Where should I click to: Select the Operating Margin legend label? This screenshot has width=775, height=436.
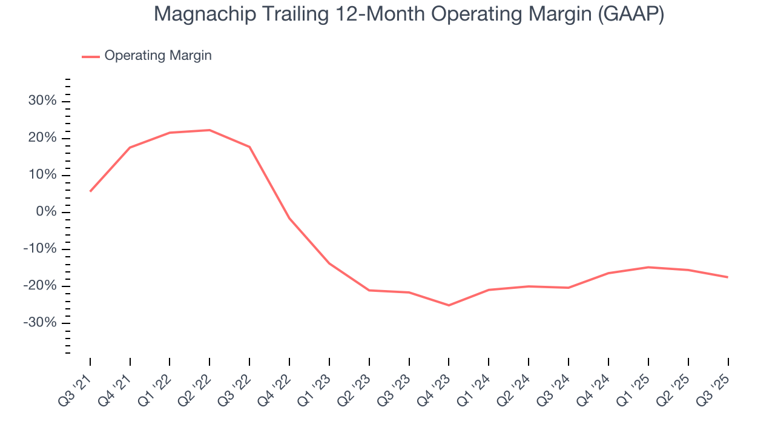[158, 56]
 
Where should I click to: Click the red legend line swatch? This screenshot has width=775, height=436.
[91, 56]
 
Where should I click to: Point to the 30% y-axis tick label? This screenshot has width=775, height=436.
[42, 101]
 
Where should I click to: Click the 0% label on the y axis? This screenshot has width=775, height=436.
[46, 212]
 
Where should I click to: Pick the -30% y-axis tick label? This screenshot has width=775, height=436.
[40, 323]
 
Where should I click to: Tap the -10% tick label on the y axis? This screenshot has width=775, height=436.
[40, 249]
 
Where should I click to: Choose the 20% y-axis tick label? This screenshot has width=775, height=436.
[42, 138]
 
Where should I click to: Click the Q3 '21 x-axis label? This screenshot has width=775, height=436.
[76, 387]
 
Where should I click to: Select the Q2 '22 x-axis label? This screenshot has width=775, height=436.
[196, 387]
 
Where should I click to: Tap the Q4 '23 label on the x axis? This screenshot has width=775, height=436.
[435, 387]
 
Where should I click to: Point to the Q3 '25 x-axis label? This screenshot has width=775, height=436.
[714, 387]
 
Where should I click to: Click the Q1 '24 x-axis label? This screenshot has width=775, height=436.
[475, 387]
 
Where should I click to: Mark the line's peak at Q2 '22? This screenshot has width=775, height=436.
[209, 130]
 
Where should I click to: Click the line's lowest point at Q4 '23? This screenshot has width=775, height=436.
[449, 305]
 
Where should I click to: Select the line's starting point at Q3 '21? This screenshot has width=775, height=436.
[90, 191]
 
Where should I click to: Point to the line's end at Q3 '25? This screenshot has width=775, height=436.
[727, 277]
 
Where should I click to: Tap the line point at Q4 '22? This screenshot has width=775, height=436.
[289, 218]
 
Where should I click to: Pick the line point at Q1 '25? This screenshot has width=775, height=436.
[648, 267]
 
